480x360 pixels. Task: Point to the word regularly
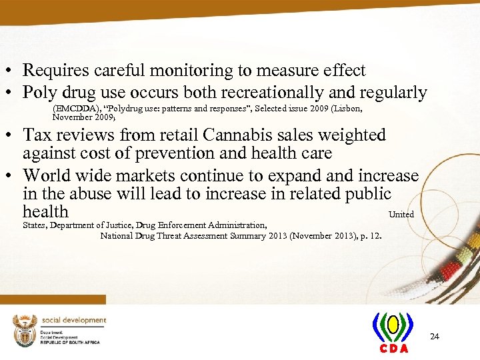(392, 93)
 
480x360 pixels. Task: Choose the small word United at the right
(401, 215)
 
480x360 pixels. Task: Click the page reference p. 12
(370, 235)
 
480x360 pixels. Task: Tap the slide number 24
(434, 337)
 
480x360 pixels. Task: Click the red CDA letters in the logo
(394, 349)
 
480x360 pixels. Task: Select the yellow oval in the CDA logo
(393, 325)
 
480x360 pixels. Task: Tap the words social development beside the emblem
(74, 320)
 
